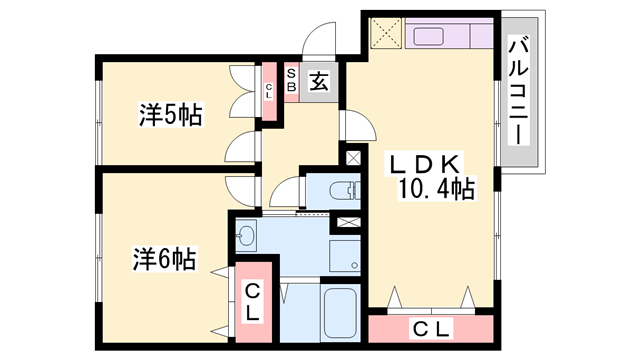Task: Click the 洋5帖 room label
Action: coord(170,115)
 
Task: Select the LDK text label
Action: coord(423,161)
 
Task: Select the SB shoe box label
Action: coord(291,81)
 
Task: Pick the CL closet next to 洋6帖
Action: coord(253,301)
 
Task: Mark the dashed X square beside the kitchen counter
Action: coord(384,35)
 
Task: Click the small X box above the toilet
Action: coord(353,157)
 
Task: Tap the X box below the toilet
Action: coord(349,223)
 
